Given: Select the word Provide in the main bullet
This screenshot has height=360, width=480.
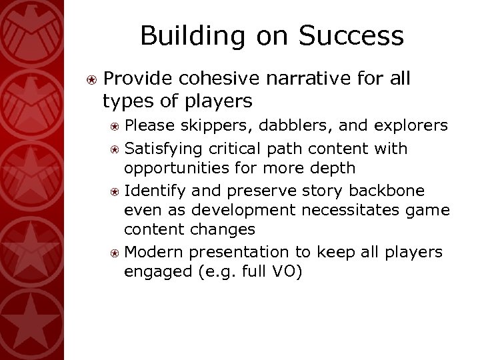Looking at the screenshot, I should pyautogui.click(x=135, y=79).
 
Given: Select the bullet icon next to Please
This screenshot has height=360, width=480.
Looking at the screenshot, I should pyautogui.click(x=115, y=125).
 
